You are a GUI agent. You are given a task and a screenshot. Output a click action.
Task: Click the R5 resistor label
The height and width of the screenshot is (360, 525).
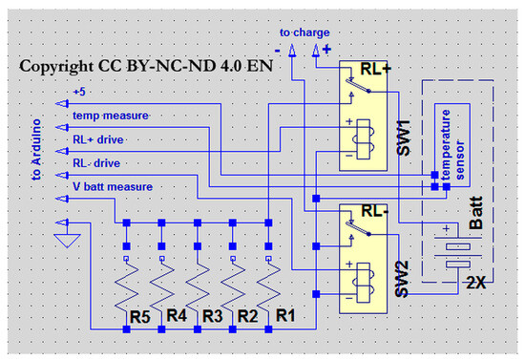click(140, 316)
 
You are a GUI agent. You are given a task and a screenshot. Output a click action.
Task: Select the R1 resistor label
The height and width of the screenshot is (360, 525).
click(285, 315)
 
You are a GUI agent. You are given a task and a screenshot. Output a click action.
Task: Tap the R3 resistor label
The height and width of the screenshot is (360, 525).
click(213, 316)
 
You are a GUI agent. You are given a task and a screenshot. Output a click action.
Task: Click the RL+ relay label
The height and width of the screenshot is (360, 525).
click(375, 69)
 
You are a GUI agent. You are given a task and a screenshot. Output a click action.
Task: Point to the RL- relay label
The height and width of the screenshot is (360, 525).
click(375, 211)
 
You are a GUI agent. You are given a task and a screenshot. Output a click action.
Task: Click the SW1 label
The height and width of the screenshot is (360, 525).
click(404, 138)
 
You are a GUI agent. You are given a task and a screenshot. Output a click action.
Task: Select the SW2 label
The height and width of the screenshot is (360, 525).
click(402, 279)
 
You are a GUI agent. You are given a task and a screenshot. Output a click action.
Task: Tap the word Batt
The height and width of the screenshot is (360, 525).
click(476, 213)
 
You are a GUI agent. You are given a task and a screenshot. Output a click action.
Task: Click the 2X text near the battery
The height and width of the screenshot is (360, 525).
click(475, 284)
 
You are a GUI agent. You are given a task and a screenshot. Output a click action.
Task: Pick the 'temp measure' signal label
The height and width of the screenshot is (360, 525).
click(111, 116)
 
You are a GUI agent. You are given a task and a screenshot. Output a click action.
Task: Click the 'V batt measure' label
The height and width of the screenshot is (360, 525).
click(113, 186)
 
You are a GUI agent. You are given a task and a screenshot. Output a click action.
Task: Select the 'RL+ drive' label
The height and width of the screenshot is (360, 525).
click(98, 139)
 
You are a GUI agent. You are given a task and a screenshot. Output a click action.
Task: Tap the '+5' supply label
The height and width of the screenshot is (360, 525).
click(79, 92)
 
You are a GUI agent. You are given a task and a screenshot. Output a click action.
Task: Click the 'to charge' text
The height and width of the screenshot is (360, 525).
click(304, 32)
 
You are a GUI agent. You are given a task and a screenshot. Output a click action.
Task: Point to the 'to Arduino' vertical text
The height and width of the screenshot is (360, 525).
click(36, 150)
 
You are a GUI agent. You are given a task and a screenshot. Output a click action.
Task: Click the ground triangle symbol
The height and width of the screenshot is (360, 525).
click(67, 241)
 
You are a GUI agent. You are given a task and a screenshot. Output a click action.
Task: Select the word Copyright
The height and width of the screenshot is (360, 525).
click(56, 67)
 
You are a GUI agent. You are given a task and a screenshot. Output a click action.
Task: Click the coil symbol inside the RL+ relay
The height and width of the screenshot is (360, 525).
click(364, 139)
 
